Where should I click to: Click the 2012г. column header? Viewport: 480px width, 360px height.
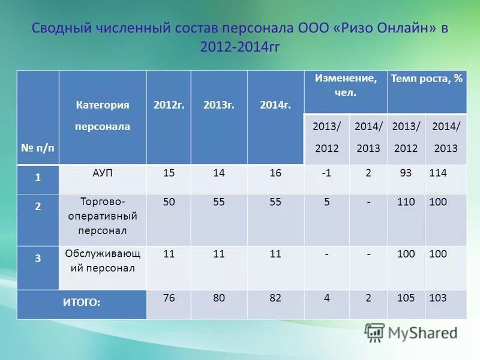click(x=169, y=105)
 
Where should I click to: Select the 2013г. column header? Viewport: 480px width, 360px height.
click(x=218, y=105)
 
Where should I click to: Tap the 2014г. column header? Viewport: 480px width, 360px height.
click(x=275, y=105)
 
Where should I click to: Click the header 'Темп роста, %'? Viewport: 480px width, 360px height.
click(x=427, y=79)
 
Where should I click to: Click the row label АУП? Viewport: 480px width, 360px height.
click(x=103, y=173)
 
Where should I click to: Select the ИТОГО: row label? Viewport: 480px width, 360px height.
click(x=82, y=303)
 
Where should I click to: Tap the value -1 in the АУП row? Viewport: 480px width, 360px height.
click(x=326, y=173)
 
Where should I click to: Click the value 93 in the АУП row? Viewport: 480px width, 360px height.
click(x=406, y=173)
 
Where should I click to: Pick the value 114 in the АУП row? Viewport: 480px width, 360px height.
click(x=438, y=173)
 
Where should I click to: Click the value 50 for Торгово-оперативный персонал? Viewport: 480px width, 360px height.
click(x=169, y=202)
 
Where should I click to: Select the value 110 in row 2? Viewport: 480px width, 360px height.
click(x=406, y=202)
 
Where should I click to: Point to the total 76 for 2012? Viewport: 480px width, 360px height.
click(x=169, y=298)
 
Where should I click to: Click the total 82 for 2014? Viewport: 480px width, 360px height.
click(x=275, y=298)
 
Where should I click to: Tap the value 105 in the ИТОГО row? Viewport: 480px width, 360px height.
click(x=406, y=298)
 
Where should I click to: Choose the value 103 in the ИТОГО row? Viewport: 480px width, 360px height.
click(x=438, y=298)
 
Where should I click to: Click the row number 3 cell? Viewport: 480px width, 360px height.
click(x=38, y=259)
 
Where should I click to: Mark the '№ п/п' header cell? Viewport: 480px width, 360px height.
click(x=38, y=148)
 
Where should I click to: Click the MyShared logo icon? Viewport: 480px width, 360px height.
click(x=374, y=332)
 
